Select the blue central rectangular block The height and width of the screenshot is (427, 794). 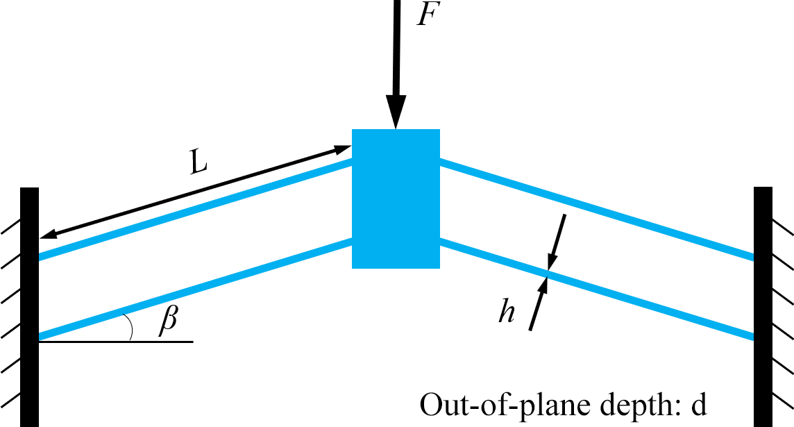coord(396,199)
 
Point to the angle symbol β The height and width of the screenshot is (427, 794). coord(167,321)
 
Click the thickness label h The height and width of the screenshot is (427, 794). coord(507,313)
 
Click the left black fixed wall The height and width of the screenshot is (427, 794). coord(29,305)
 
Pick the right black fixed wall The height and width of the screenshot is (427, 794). coord(763,305)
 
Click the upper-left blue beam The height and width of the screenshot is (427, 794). coord(194,210)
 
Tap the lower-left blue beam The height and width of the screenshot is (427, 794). coord(194,290)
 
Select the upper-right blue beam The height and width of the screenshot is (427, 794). coord(597,210)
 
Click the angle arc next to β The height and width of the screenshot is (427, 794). coord(129,326)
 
